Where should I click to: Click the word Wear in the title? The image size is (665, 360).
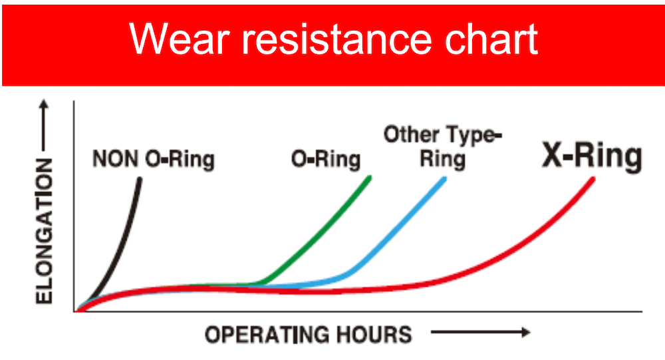coord(179,39)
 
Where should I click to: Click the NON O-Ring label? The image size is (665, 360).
coord(154,159)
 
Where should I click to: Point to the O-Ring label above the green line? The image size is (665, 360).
coord(326,159)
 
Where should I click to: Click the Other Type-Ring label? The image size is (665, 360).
coord(443,147)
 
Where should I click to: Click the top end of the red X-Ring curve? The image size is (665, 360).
coord(593,180)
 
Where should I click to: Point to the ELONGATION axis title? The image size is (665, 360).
coord(44,232)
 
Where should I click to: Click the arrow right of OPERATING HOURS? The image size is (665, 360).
coord(481,332)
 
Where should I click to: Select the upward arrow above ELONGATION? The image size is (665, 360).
coord(44,125)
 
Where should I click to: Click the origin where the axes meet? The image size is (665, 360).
coord(74,311)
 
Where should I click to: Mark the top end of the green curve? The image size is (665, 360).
coord(369,178)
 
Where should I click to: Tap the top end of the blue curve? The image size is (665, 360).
coord(444,180)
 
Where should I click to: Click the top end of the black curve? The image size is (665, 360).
coord(140,180)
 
